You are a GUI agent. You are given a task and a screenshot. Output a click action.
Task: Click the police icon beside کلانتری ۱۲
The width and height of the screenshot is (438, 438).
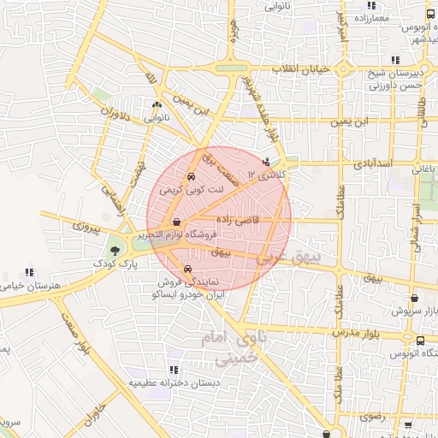click(266, 161)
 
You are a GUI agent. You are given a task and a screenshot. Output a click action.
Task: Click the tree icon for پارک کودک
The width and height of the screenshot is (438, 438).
click(114, 251)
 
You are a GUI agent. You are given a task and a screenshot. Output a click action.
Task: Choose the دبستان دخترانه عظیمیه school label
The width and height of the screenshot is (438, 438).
click(169, 383)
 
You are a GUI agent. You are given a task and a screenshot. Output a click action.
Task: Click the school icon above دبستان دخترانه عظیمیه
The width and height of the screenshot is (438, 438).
click(174, 370)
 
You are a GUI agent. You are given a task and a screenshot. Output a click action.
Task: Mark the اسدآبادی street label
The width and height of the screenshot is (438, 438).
click(371, 161)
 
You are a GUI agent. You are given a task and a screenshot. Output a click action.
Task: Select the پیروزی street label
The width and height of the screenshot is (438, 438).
click(86, 228)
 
